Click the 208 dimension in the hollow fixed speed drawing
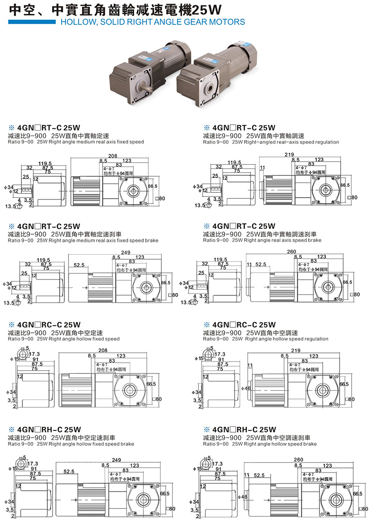tap(103, 350)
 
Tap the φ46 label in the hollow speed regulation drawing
tap(246, 388)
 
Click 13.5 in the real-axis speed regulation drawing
tap(199, 205)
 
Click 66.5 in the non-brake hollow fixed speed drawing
tap(152, 384)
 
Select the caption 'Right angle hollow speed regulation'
tap(287, 339)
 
